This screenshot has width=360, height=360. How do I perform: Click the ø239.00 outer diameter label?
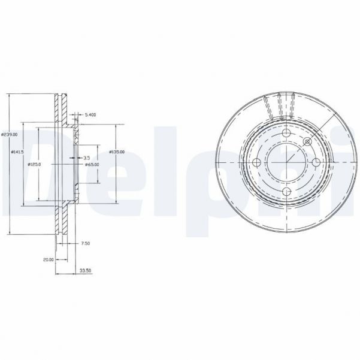pyautogui.click(x=10, y=134)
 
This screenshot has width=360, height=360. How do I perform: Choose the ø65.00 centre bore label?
pyautogui.click(x=92, y=165)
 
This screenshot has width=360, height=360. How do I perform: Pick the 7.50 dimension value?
pyautogui.click(x=86, y=244)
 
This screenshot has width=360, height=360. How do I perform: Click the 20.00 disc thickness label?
pyautogui.click(x=48, y=259)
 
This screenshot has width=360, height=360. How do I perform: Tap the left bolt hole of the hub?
pyautogui.click(x=258, y=163)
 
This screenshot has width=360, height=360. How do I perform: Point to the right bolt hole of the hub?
pyautogui.click(x=316, y=163)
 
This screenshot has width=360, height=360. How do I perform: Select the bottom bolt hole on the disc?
pyautogui.click(x=286, y=191)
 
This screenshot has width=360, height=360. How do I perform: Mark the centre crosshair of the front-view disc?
pyautogui.click(x=286, y=163)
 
